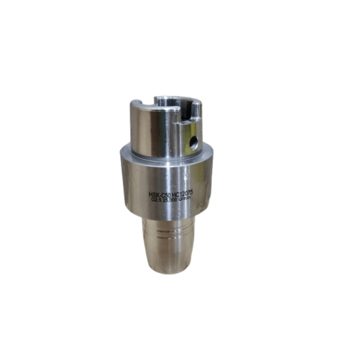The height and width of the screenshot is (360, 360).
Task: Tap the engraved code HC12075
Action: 189,191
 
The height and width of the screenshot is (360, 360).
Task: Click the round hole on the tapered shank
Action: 194,140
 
